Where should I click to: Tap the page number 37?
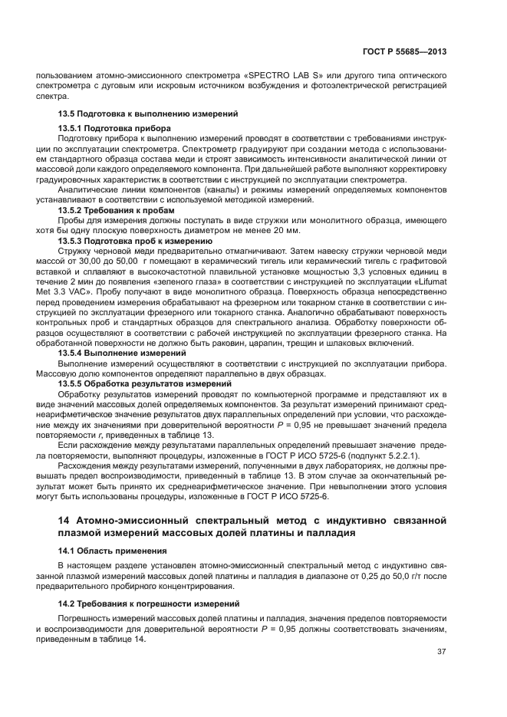pos(441,653)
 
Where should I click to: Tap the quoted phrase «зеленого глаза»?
pos(185,282)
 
